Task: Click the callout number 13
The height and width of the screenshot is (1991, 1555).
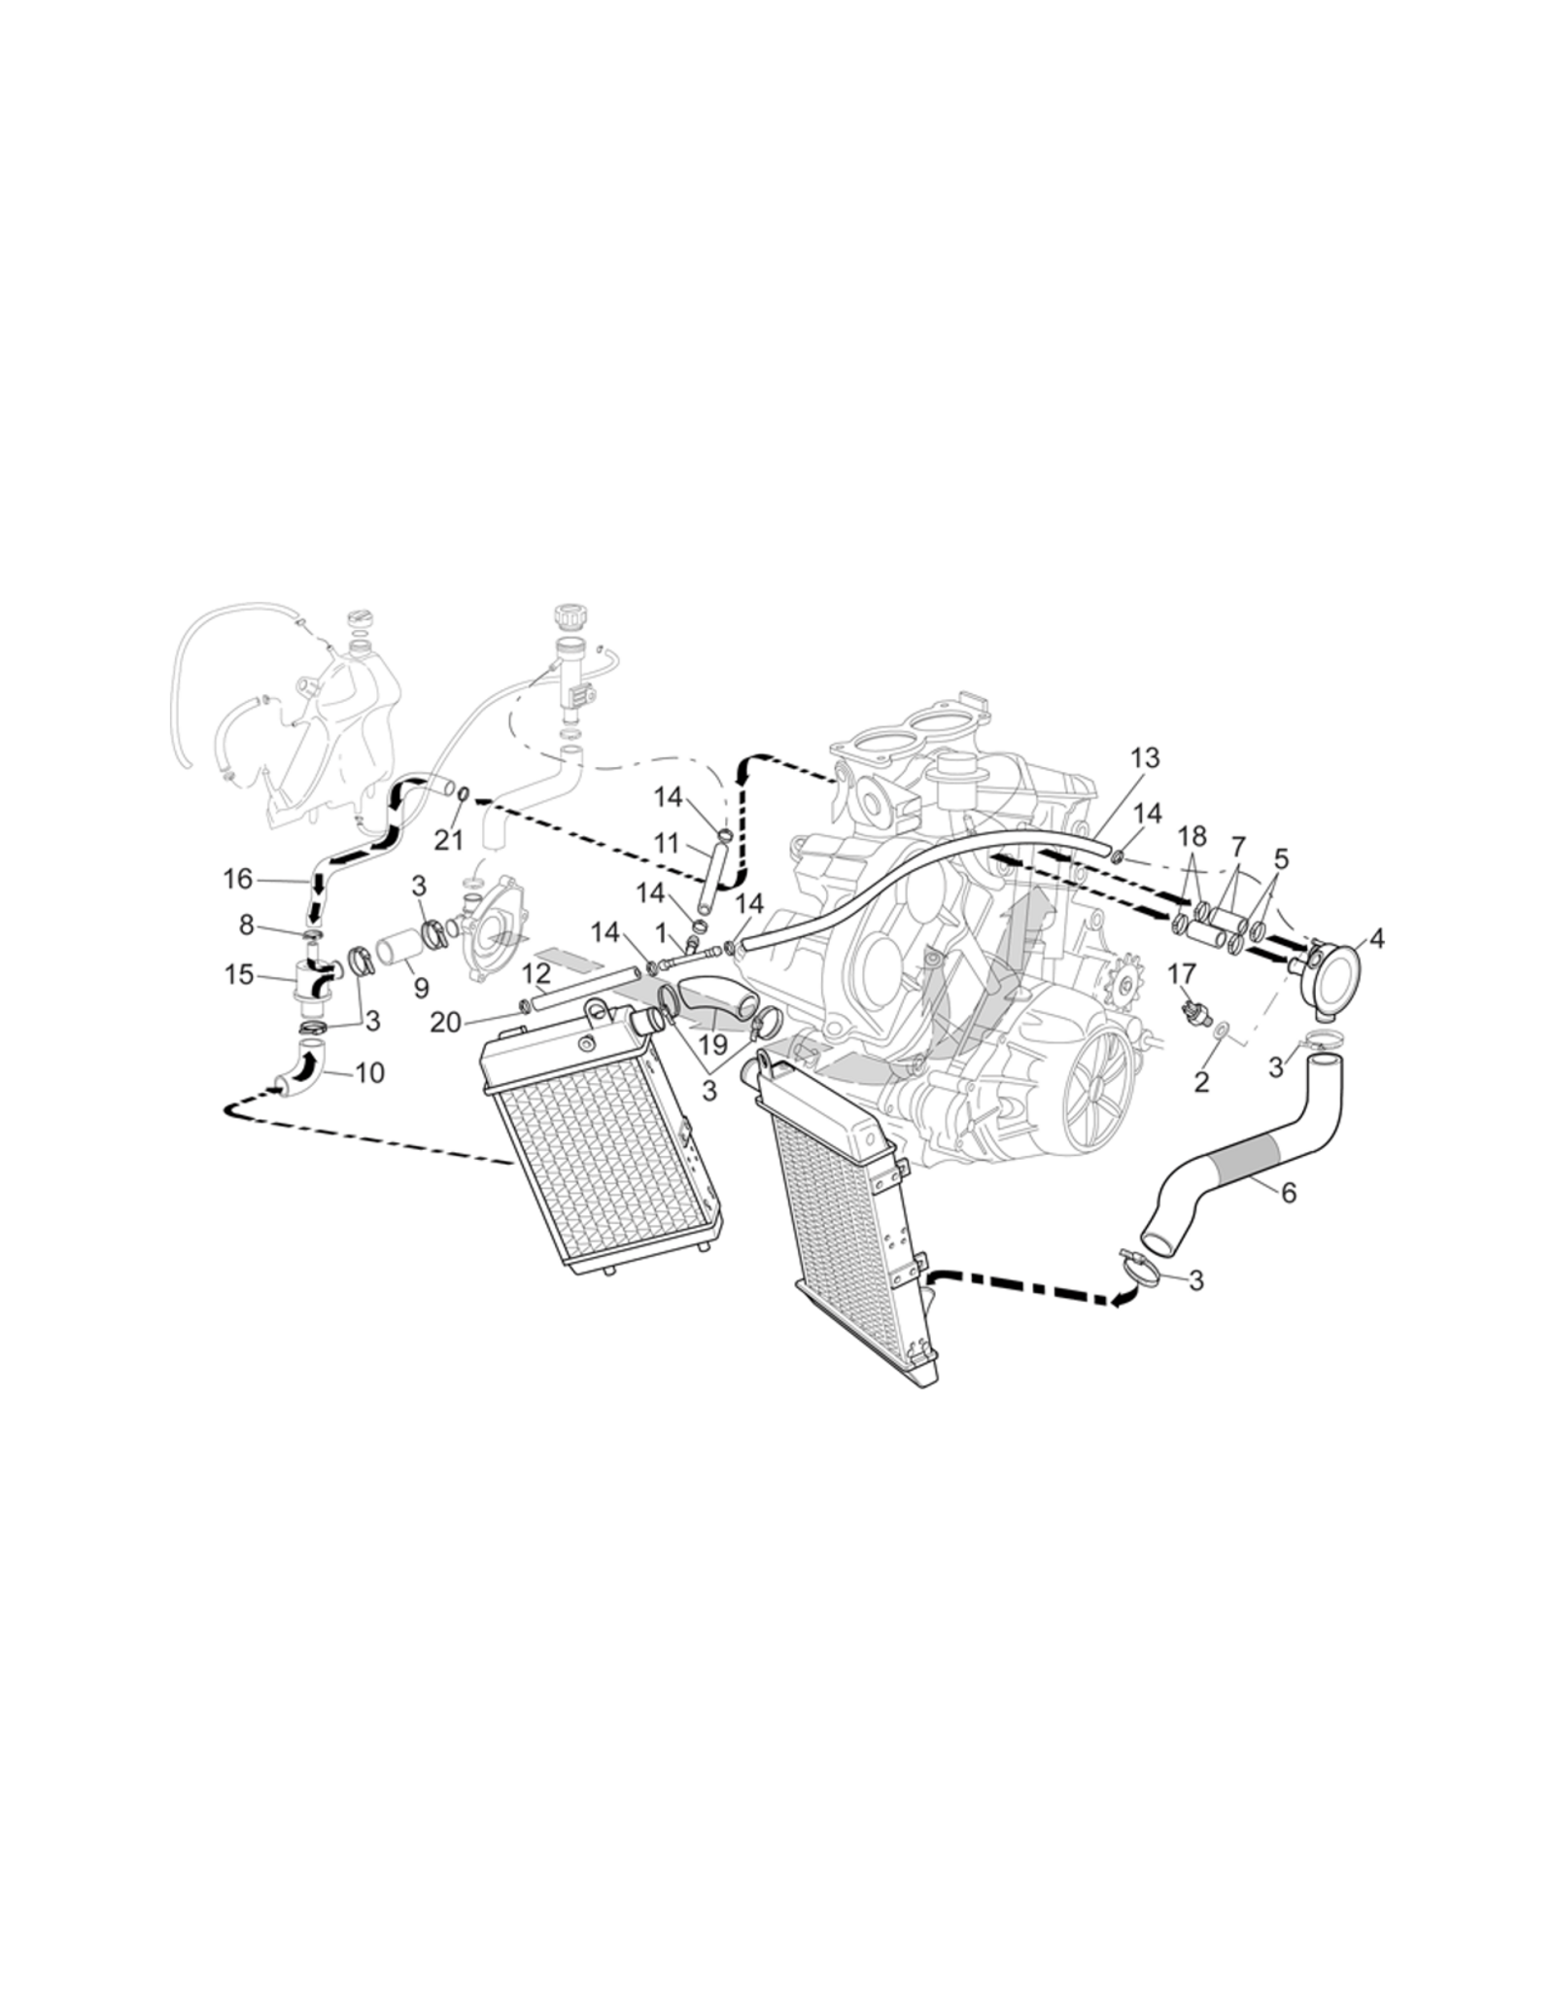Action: (1146, 757)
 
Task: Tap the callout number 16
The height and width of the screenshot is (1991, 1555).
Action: (238, 879)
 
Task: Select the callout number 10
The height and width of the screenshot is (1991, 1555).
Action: (370, 1072)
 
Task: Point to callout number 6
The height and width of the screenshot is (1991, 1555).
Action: (1289, 1193)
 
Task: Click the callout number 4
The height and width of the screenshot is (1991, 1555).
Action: (1376, 938)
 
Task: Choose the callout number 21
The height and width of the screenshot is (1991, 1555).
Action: (449, 840)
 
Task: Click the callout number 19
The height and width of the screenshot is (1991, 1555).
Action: (713, 1045)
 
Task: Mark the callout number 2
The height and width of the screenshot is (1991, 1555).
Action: (1201, 1081)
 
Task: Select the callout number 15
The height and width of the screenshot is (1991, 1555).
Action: (239, 974)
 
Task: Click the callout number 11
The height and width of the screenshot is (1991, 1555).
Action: (667, 842)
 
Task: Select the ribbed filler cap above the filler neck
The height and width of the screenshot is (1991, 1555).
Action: (566, 616)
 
